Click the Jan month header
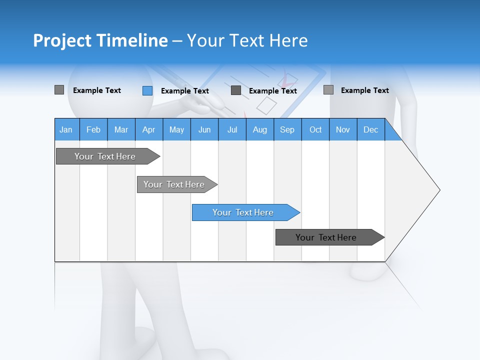66,129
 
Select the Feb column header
93,129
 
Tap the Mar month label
121,129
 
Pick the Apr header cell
148,129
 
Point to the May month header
176,129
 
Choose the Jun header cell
204,129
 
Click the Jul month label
232,129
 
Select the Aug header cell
259,129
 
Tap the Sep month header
287,129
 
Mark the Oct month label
315,129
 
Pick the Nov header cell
343,129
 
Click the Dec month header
370,129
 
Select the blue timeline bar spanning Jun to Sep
243,212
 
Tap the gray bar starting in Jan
105,156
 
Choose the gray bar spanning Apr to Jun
174,184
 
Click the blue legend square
147,90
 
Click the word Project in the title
63,40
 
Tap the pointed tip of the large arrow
438,190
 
